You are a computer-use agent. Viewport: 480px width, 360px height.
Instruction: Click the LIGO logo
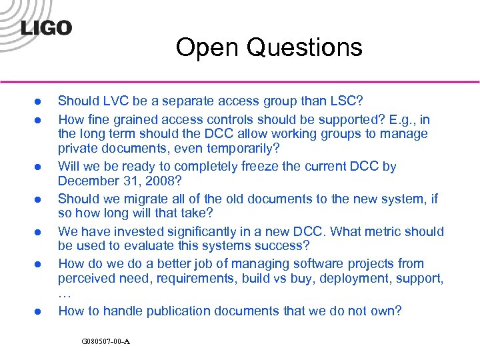[46, 27]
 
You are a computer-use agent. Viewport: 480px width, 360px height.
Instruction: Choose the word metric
[382, 232]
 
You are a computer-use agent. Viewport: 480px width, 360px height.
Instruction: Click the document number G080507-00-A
[105, 341]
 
